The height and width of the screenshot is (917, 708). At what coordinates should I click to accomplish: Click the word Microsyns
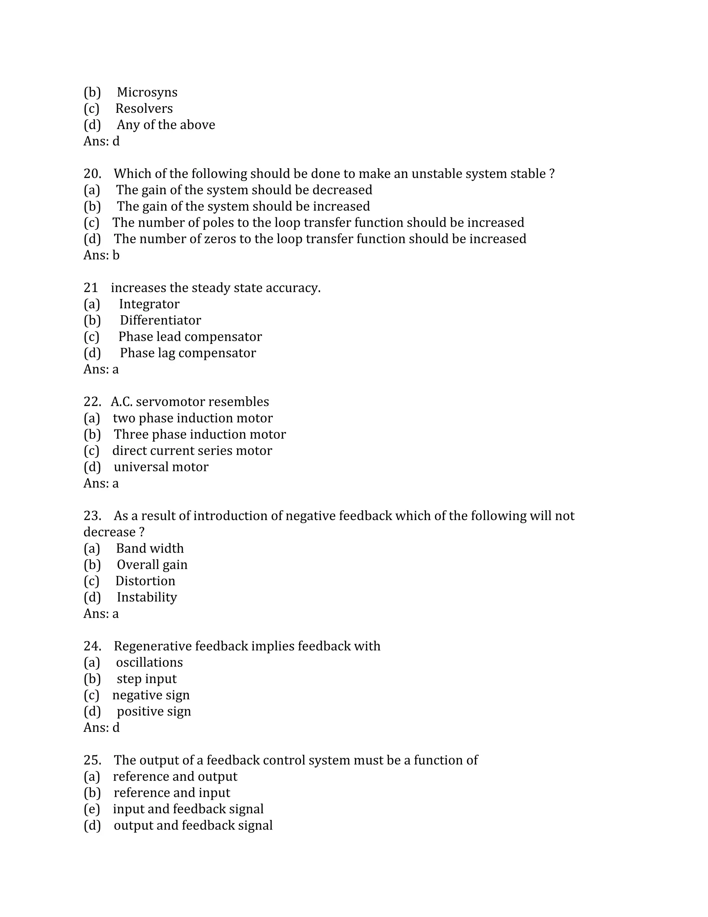[x=147, y=92]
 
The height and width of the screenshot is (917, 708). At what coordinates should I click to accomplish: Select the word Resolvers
[x=144, y=109]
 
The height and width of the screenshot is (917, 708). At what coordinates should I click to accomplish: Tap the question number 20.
[x=92, y=174]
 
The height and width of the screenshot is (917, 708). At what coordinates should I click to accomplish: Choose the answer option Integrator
[x=149, y=304]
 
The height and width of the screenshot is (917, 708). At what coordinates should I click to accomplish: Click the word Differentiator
[x=160, y=320]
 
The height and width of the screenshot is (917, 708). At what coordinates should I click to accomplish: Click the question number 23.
[x=92, y=516]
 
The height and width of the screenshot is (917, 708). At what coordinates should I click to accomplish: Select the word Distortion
[x=145, y=581]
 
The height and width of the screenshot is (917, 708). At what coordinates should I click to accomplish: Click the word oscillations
[x=149, y=663]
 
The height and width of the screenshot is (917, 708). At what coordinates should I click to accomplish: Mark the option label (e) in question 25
[x=91, y=809]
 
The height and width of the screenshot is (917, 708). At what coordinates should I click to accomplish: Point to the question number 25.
[x=92, y=760]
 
